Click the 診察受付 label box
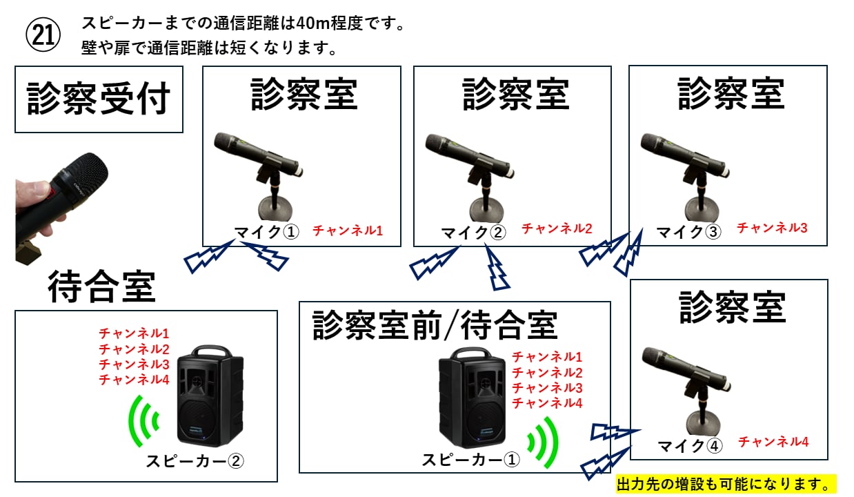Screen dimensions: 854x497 [x=99, y=99]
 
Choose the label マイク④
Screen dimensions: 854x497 [x=689, y=446]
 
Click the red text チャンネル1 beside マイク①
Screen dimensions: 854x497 [x=348, y=231]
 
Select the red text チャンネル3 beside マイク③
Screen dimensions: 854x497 [x=772, y=227]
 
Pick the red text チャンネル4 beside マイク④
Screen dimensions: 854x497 [x=773, y=442]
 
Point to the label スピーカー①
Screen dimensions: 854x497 [x=470, y=460]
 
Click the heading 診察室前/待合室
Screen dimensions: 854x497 [x=435, y=324]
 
